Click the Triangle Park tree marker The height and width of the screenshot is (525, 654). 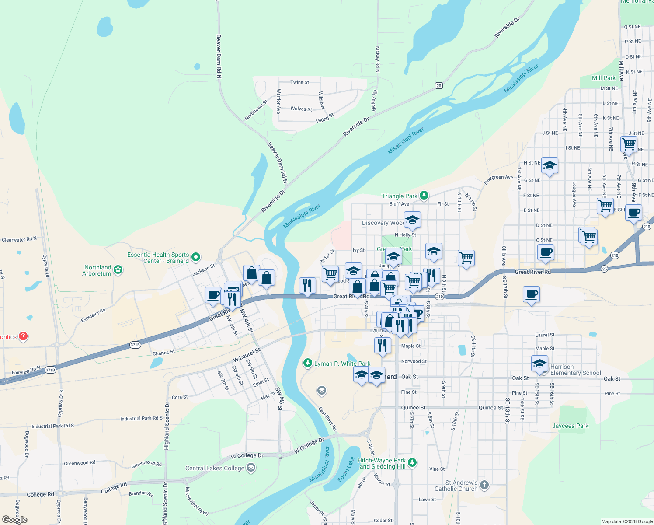click(x=424, y=196)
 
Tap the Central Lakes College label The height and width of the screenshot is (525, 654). click(x=215, y=468)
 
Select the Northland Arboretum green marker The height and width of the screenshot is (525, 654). click(x=118, y=270)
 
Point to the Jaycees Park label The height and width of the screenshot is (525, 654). click(x=570, y=426)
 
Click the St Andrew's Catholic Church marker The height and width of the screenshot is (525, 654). click(x=484, y=485)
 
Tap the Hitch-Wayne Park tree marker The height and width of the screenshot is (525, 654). click(x=412, y=462)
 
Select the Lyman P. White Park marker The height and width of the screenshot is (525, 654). click(x=308, y=363)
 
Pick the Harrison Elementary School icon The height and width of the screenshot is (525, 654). click(x=539, y=364)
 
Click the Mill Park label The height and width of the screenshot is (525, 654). click(x=603, y=78)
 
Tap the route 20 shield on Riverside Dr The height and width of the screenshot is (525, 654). click(x=439, y=86)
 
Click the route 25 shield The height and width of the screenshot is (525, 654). click(x=605, y=269)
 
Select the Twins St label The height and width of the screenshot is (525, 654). click(x=299, y=82)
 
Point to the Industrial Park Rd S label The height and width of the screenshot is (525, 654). click(x=53, y=426)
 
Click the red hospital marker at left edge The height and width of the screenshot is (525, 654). click(x=24, y=336)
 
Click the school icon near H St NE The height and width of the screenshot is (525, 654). click(x=550, y=166)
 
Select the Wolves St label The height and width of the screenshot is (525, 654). click(x=301, y=109)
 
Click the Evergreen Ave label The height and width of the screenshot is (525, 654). click(x=498, y=178)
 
